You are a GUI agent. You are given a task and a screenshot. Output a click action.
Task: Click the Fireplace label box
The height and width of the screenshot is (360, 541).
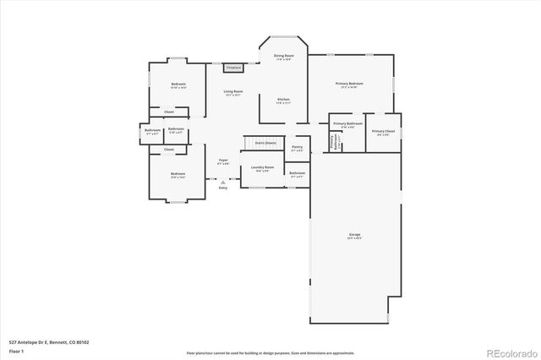(x=233, y=68)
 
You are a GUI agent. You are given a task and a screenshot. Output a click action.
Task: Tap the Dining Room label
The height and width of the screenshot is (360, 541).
(x=282, y=57)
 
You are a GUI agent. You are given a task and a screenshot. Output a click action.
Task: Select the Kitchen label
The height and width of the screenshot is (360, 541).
(x=283, y=101)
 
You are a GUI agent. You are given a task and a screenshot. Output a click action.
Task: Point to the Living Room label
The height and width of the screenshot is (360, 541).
(x=233, y=92)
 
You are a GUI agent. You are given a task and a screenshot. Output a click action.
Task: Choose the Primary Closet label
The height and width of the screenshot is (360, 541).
(x=383, y=132)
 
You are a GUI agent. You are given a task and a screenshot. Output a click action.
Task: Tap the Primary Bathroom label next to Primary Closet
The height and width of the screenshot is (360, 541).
(x=347, y=124)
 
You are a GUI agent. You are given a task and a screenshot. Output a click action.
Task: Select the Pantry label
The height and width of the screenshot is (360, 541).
(x=297, y=148)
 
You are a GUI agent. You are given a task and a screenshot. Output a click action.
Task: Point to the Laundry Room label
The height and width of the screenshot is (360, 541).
(x=263, y=167)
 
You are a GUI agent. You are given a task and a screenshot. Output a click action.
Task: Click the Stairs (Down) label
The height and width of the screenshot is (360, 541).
(x=265, y=143)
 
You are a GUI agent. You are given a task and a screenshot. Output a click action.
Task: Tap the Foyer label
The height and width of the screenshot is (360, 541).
(x=223, y=161)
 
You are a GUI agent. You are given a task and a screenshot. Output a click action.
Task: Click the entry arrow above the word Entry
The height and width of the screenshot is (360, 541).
(x=222, y=181)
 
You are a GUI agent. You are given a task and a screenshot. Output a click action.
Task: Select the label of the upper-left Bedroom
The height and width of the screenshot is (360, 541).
(x=178, y=85)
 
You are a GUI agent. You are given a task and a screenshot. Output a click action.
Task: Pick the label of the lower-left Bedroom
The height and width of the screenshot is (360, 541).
(x=178, y=175)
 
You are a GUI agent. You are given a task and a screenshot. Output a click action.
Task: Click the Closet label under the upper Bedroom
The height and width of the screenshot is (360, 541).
(x=169, y=112)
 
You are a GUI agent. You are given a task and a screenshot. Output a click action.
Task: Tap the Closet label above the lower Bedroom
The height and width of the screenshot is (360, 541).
(x=169, y=150)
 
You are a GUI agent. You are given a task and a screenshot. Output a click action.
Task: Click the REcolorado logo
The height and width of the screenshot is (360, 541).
(x=509, y=352)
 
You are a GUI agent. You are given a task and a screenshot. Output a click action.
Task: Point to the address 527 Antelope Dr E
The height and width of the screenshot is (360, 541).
(x=49, y=342)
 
